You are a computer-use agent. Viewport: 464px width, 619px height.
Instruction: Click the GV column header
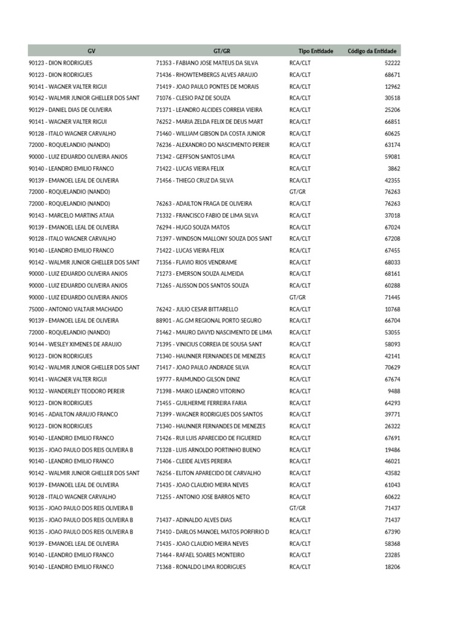(x=91, y=51)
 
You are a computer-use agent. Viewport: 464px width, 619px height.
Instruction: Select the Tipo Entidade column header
(x=315, y=51)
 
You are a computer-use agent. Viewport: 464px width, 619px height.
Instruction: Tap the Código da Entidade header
(x=372, y=51)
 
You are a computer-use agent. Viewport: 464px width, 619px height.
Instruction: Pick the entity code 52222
(x=393, y=63)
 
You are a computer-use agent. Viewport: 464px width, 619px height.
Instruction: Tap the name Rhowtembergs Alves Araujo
(x=207, y=75)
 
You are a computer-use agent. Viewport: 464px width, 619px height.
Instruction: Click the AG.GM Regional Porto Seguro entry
(x=208, y=320)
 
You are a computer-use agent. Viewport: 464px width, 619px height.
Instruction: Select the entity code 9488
(x=394, y=391)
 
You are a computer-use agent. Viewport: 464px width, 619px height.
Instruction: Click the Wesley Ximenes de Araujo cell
(x=75, y=344)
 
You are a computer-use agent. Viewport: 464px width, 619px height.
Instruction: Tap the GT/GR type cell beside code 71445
(x=297, y=297)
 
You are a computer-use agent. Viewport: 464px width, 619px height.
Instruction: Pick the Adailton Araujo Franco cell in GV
(x=73, y=414)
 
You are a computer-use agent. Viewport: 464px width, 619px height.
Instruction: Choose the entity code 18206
(x=393, y=567)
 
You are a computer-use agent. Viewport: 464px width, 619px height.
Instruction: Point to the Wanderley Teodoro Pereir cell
(x=76, y=391)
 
